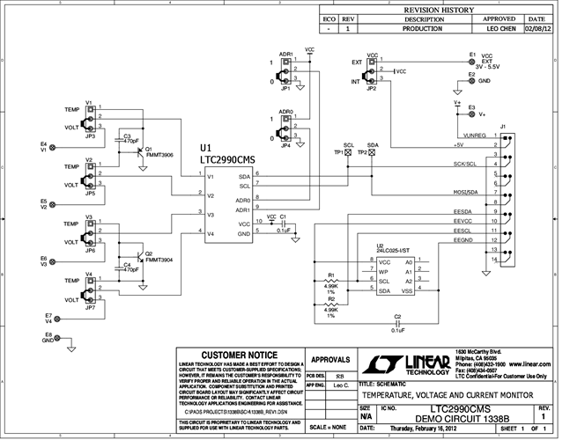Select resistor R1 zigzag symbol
[x=331, y=279]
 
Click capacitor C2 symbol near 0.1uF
[x=397, y=325]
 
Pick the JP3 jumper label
[x=91, y=137]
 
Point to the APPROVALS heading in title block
[x=331, y=360]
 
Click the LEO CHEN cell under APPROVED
[x=500, y=28]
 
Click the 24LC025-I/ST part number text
[x=394, y=251]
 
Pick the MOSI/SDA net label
[x=465, y=192]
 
